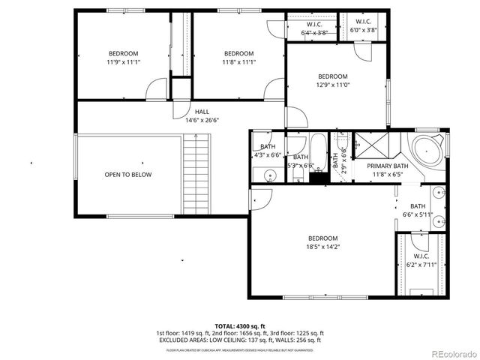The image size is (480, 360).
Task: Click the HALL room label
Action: (202, 112)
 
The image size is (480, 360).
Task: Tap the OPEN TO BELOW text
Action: (127, 175)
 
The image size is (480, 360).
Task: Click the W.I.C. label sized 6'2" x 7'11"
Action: (420, 259)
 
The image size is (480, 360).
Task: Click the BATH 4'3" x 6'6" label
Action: (268, 150)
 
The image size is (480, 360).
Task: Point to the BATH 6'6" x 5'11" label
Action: (418, 211)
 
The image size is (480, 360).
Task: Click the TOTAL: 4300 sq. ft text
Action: (240, 325)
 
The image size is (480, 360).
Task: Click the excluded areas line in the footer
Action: (240, 340)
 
